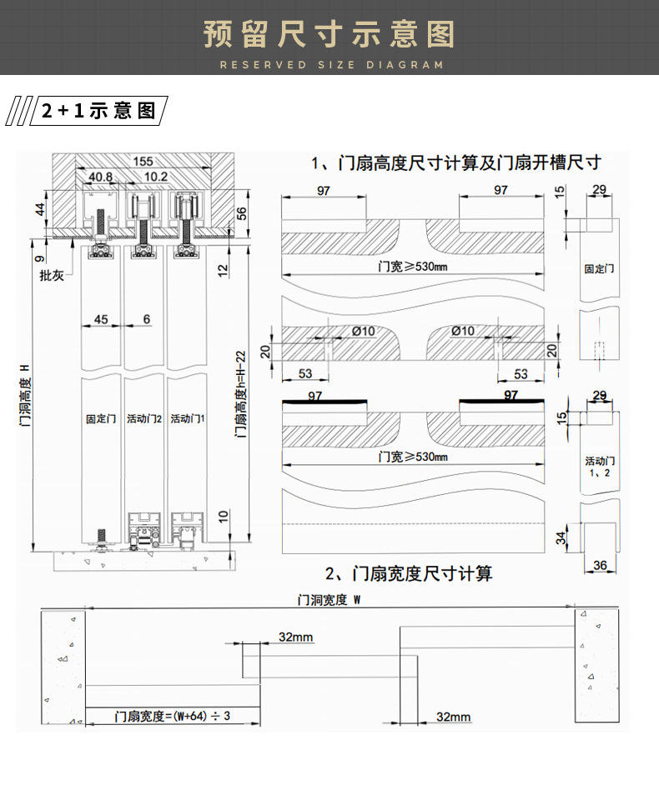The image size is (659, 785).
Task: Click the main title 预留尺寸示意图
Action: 329,35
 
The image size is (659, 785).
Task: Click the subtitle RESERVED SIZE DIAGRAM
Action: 330,65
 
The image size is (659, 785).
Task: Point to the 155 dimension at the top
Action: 143,162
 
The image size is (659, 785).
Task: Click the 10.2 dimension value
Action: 156,177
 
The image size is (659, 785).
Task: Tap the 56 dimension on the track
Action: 242,214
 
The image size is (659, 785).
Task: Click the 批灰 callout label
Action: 52,276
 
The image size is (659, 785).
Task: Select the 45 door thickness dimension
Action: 101,319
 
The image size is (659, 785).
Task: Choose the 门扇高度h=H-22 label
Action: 241,392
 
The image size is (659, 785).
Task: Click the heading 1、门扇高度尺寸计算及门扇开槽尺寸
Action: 456,162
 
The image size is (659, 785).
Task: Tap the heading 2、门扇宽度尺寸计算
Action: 409,573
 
